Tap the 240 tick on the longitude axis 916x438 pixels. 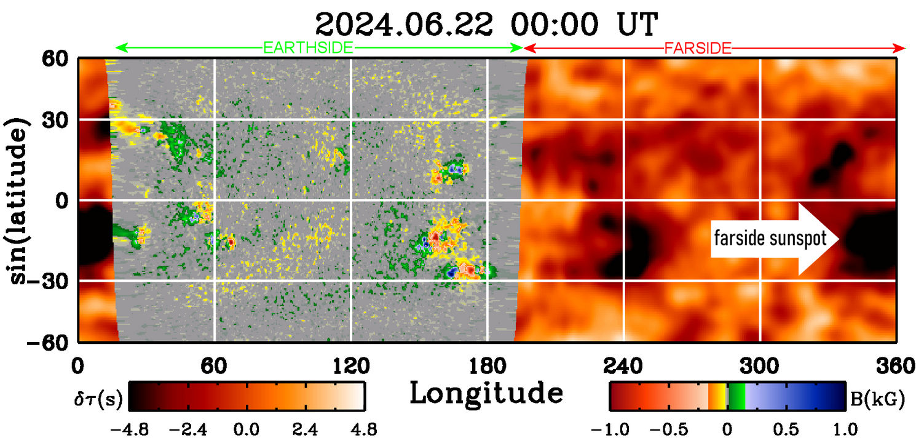coord(624,367)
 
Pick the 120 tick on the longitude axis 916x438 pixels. coord(351,367)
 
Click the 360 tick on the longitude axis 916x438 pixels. coord(896,367)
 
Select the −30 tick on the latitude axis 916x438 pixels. coord(53,281)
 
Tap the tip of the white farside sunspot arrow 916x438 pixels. coord(839,239)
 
